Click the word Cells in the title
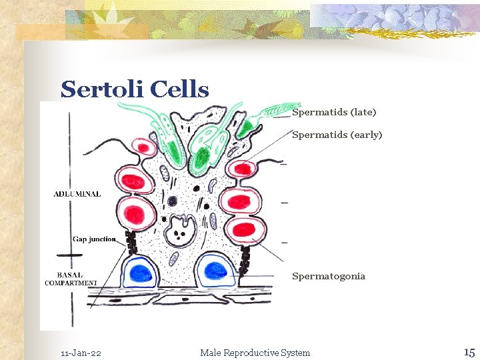(x=180, y=89)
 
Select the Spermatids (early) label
(x=337, y=135)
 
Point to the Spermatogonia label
(x=329, y=276)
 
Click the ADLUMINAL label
(x=77, y=194)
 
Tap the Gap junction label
(x=94, y=239)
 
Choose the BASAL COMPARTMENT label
(x=71, y=279)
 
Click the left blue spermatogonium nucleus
(x=142, y=272)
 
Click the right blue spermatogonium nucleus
(x=216, y=270)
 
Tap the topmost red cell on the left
(x=142, y=147)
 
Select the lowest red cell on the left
(x=135, y=213)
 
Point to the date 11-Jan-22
(x=81, y=353)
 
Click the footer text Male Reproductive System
(x=255, y=353)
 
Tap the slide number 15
(x=469, y=351)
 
